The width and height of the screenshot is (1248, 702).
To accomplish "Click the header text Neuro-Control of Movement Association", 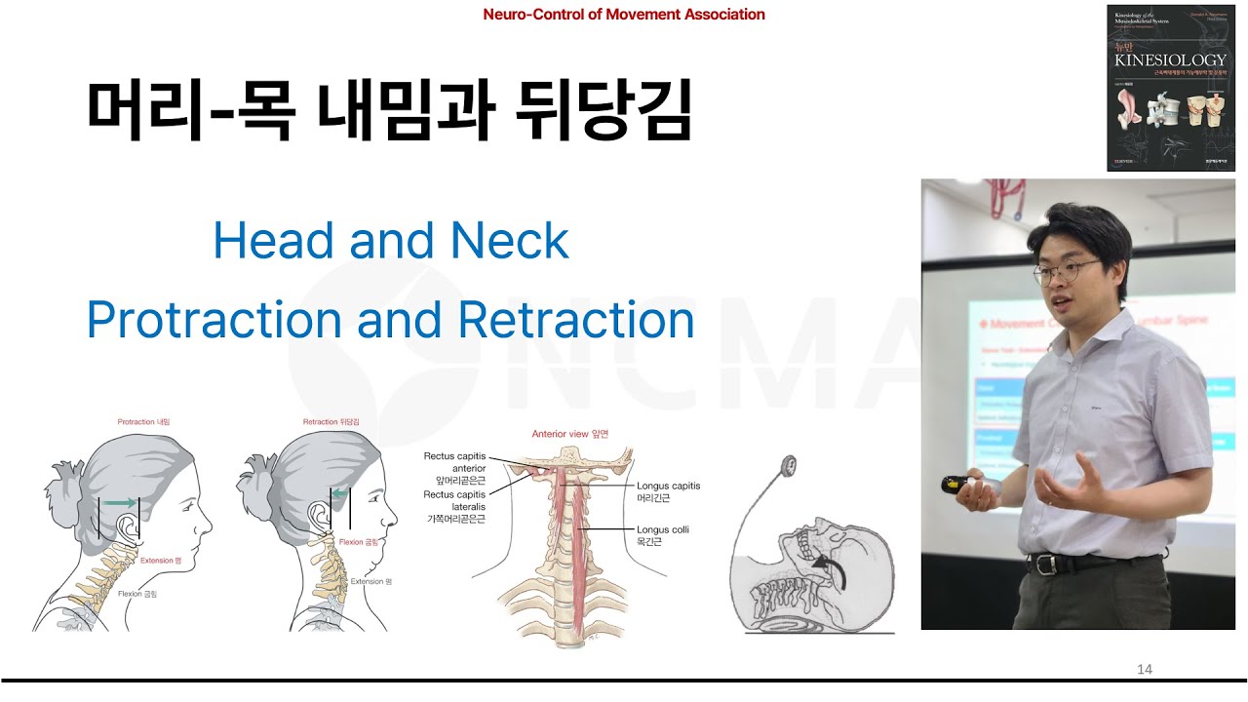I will (x=624, y=15).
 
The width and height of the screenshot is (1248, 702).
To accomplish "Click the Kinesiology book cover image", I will (x=1170, y=88).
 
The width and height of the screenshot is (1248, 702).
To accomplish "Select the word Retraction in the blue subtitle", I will (x=575, y=321).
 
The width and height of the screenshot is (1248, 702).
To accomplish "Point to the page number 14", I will (x=1145, y=669).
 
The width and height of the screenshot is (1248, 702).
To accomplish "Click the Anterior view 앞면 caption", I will (x=569, y=434).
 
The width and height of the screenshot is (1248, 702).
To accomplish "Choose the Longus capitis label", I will (x=668, y=486).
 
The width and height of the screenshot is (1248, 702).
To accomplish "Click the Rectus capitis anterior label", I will (x=454, y=462).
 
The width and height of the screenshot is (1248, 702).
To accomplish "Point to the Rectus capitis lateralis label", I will (x=454, y=500).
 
